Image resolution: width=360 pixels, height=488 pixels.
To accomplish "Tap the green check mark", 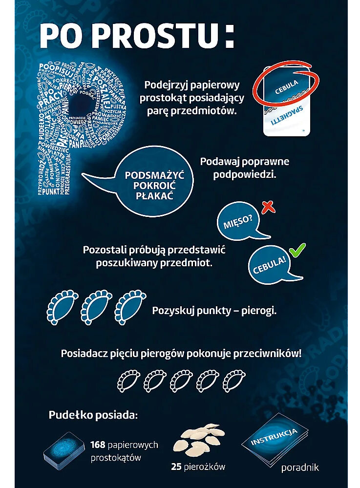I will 296,252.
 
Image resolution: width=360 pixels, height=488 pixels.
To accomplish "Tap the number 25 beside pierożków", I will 176,467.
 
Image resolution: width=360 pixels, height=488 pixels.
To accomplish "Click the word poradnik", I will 300,467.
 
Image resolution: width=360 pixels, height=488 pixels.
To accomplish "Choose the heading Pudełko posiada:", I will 93,415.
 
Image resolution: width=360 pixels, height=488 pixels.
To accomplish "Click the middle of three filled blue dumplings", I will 96,309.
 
